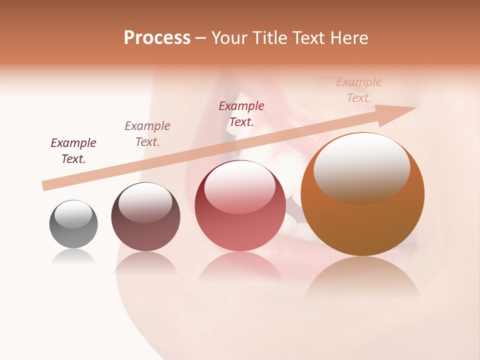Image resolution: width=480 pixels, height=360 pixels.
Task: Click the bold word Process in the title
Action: [x=157, y=38]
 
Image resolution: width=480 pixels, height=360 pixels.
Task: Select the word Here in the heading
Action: [x=348, y=38]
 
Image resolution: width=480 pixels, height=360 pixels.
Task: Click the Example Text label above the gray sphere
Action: [x=73, y=151]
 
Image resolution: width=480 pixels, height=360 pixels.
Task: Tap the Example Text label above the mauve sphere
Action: [x=147, y=134]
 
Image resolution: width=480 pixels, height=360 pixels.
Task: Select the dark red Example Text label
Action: [x=241, y=114]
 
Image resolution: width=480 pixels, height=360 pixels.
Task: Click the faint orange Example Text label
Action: [x=359, y=90]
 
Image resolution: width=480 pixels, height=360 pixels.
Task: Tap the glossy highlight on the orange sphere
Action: [x=361, y=167]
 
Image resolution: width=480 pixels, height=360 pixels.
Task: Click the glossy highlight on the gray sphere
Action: [x=73, y=214]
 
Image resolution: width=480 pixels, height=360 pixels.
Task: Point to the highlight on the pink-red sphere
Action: [x=240, y=186]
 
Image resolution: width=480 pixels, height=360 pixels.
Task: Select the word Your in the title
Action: [x=228, y=38]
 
